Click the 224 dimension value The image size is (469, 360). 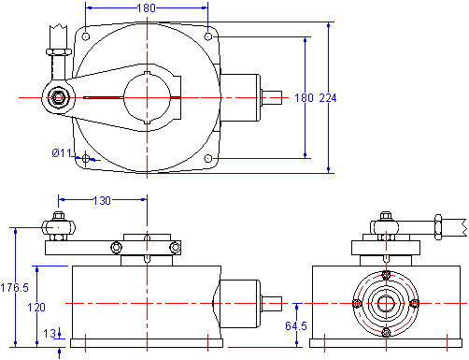point(328,98)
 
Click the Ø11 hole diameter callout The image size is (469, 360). point(62,153)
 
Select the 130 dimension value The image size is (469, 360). point(102,200)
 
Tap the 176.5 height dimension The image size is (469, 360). point(14,287)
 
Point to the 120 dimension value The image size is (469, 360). point(36,308)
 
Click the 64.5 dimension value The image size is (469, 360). point(296,326)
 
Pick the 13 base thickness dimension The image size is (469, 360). point(50,334)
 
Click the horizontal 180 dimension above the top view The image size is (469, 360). point(147,7)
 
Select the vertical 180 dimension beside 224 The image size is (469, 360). point(304,98)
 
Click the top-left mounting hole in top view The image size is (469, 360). point(86,36)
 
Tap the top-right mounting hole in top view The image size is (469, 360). point(208,36)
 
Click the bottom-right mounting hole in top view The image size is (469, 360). point(208,158)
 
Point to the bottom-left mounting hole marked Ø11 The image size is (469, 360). point(86,159)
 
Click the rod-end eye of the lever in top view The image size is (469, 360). point(58,97)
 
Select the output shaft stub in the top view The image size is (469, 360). point(272,97)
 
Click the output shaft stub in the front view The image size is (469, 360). point(272,304)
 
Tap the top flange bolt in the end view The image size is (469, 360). point(386,275)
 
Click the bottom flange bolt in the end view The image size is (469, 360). point(386,332)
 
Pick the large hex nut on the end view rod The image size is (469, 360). point(438,227)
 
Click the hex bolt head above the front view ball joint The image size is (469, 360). point(58,216)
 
